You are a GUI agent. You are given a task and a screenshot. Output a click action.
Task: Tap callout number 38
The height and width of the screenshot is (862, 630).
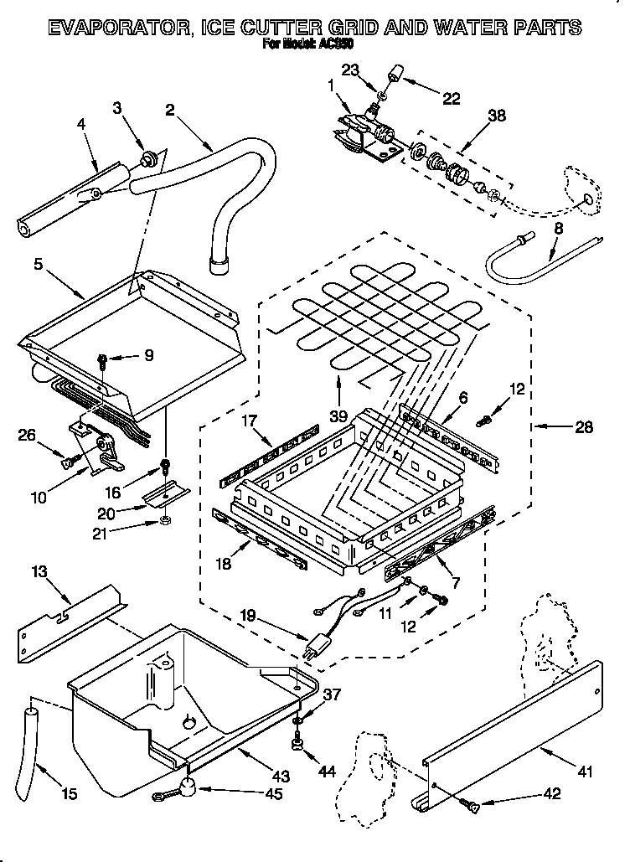(497, 117)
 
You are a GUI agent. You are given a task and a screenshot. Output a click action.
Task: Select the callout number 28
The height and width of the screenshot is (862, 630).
(584, 428)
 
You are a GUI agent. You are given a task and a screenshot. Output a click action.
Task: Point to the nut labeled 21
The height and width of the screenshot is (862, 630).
(165, 522)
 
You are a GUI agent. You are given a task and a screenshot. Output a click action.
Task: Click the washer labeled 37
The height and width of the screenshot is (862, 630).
(298, 720)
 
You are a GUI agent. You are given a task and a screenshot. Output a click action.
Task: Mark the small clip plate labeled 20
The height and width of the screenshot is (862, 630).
(166, 497)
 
